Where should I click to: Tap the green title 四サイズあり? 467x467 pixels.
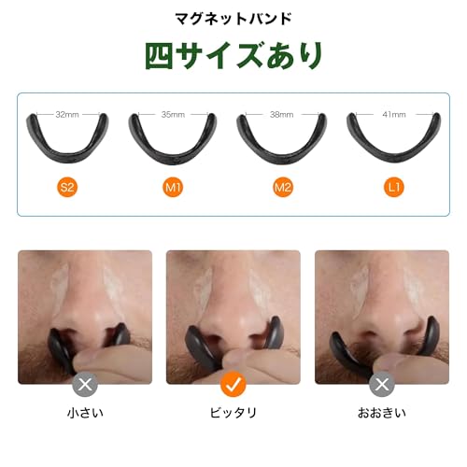(x=233, y=55)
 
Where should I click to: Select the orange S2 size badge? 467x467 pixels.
(x=66, y=188)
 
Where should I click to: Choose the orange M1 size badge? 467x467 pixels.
(x=173, y=188)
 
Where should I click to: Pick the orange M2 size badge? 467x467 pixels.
(x=283, y=188)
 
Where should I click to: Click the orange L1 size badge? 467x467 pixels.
(x=393, y=188)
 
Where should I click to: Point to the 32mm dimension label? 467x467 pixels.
(x=66, y=115)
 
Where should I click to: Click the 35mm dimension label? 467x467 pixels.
(x=173, y=115)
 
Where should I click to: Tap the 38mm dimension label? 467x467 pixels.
(x=282, y=115)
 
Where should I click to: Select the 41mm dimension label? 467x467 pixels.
(x=393, y=115)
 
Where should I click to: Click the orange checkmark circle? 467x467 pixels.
(x=233, y=384)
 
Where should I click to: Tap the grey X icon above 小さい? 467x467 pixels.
(x=86, y=384)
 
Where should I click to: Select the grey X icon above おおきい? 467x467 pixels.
(x=381, y=384)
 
